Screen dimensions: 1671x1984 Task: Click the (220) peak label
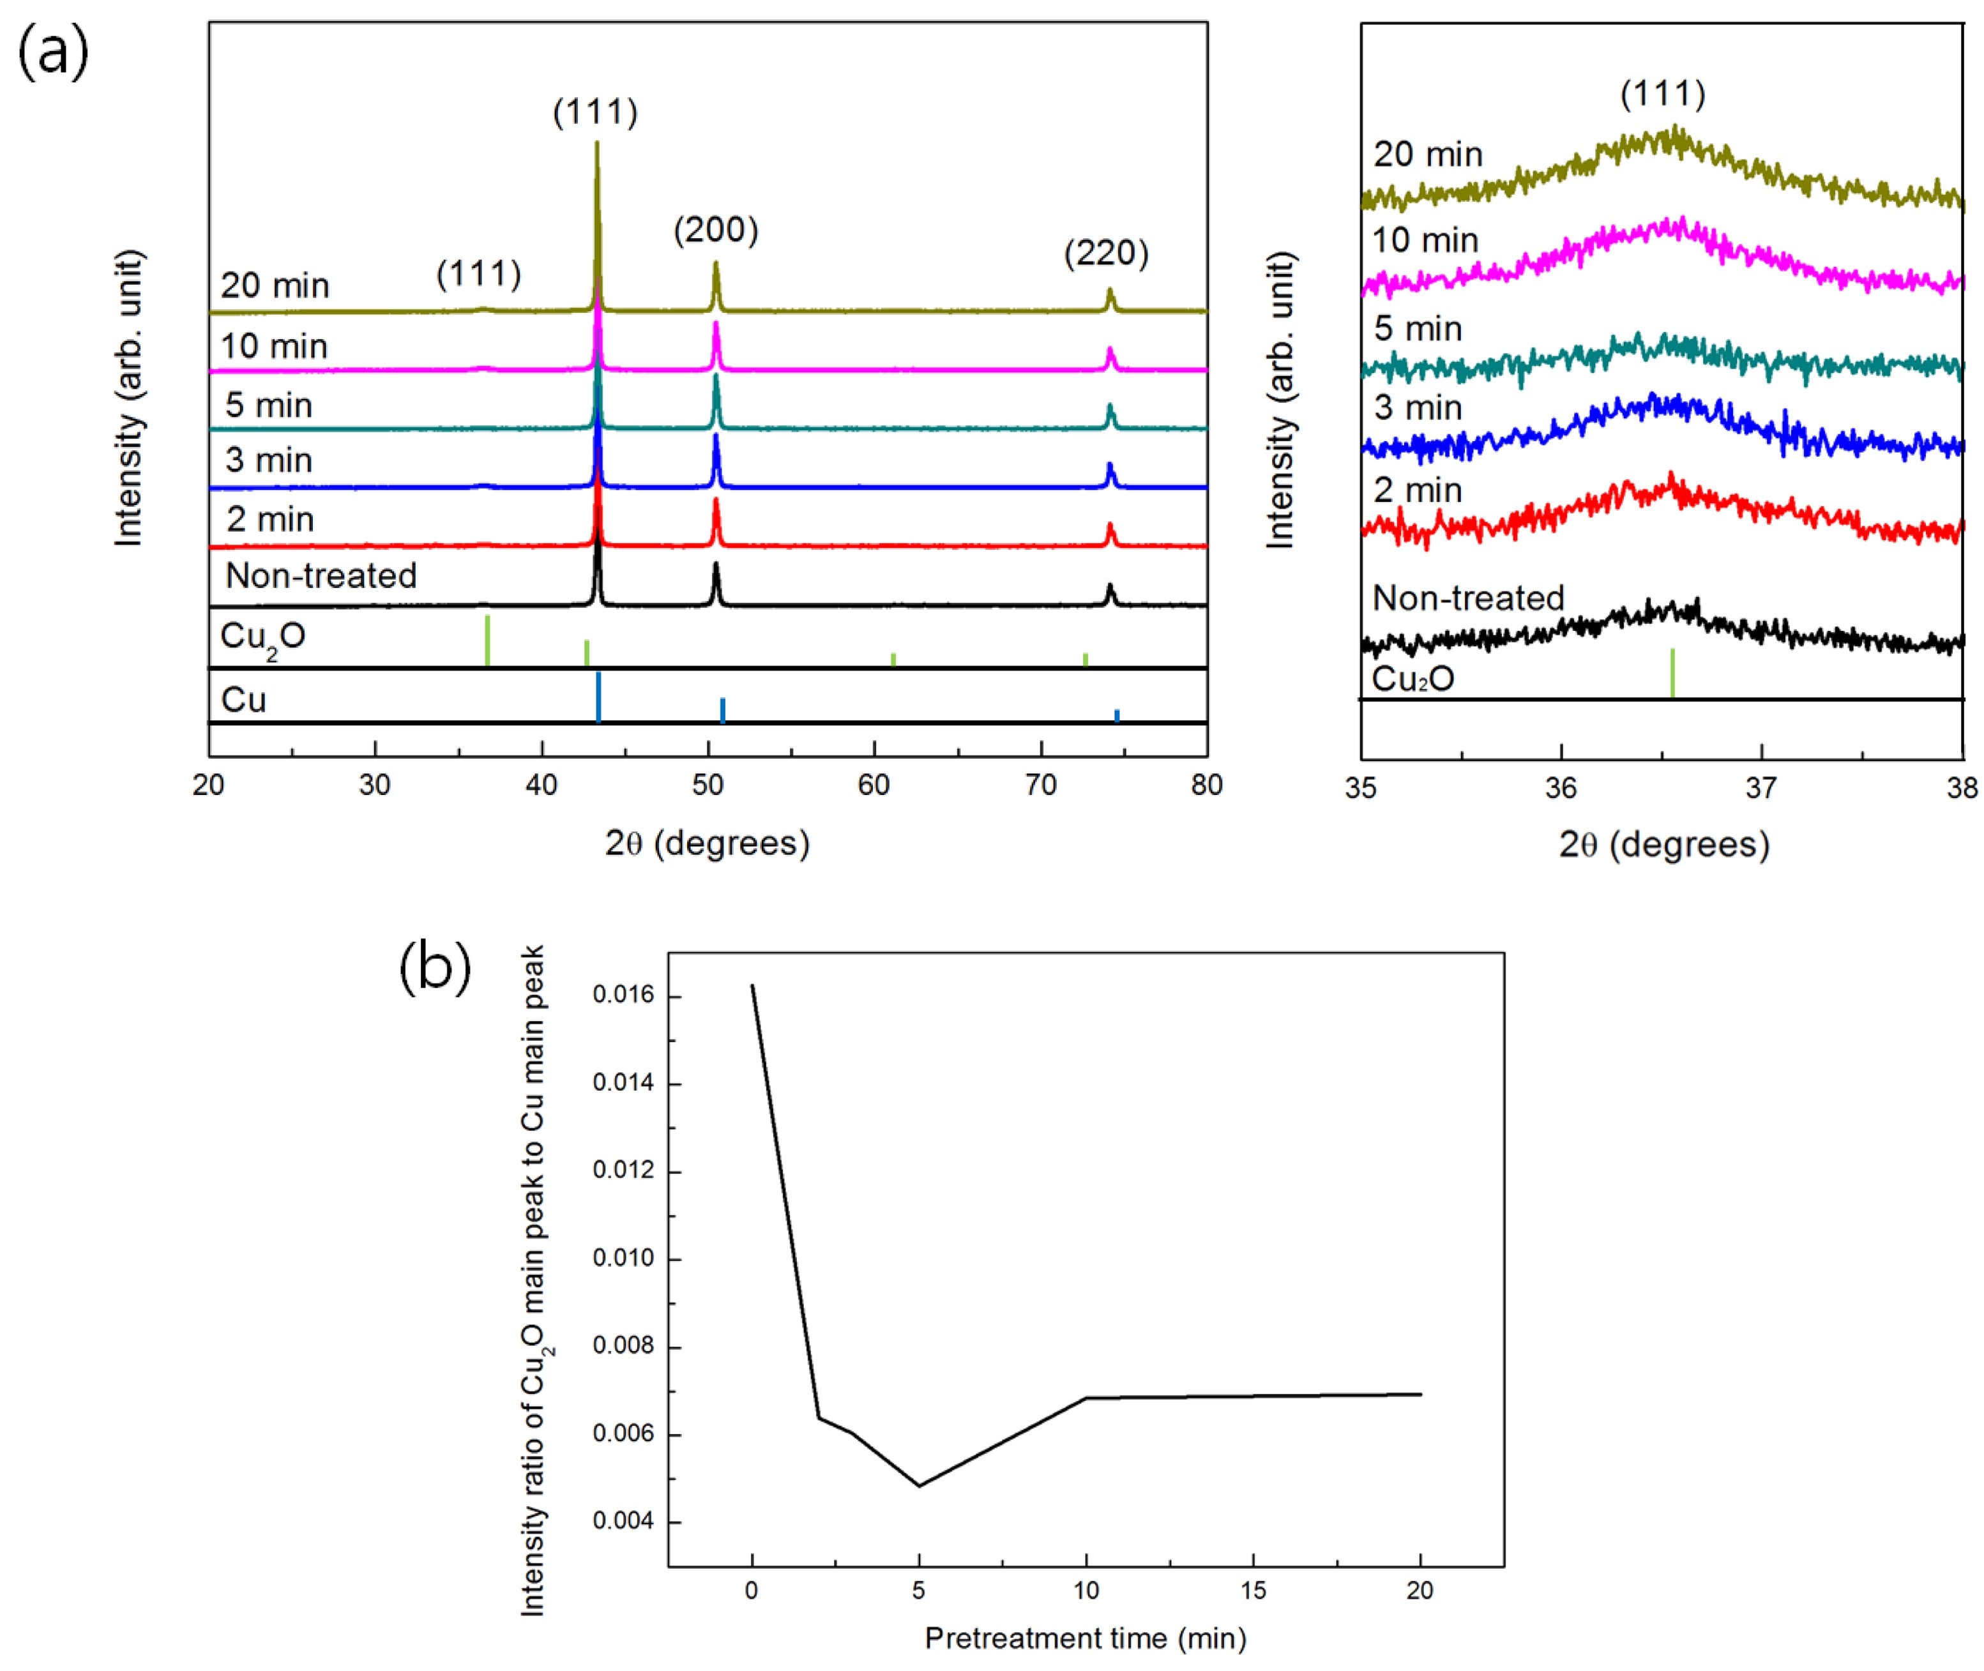pyautogui.click(x=1106, y=253)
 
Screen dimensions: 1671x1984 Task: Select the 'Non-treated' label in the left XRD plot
pyautogui.click(x=321, y=576)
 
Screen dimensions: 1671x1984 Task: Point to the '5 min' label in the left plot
pyautogui.click(x=268, y=405)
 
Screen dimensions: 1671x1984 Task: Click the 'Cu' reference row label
pyautogui.click(x=243, y=700)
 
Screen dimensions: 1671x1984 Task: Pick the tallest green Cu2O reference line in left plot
pyautogui.click(x=487, y=640)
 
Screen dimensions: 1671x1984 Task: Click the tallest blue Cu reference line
pyautogui.click(x=598, y=697)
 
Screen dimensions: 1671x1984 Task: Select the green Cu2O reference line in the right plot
pyautogui.click(x=1672, y=672)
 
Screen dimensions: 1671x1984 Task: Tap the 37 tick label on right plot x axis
pyautogui.click(x=1761, y=788)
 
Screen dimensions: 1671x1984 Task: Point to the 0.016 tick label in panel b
pyautogui.click(x=623, y=995)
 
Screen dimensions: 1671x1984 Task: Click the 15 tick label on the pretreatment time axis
pyautogui.click(x=1253, y=1591)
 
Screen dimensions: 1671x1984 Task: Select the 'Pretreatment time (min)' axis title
pyautogui.click(x=1085, y=1638)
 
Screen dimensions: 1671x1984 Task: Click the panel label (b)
pyautogui.click(x=435, y=967)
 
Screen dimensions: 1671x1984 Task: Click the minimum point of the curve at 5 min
pyautogui.click(x=919, y=1485)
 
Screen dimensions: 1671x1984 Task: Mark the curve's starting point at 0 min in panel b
pyautogui.click(x=752, y=985)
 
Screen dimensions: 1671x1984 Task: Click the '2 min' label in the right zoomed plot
pyautogui.click(x=1418, y=490)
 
